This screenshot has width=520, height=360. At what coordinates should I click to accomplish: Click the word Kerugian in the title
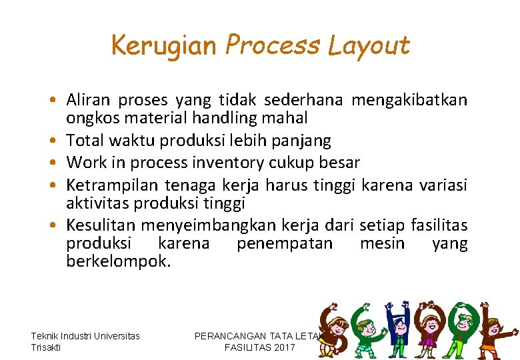(163, 45)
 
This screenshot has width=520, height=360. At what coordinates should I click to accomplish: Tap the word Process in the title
(273, 45)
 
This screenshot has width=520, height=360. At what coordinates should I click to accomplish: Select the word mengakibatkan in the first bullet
(409, 101)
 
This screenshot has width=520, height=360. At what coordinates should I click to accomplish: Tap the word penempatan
(285, 243)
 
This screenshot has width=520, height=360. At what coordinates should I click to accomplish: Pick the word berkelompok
(119, 261)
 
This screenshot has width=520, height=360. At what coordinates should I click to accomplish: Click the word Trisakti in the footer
(45, 347)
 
